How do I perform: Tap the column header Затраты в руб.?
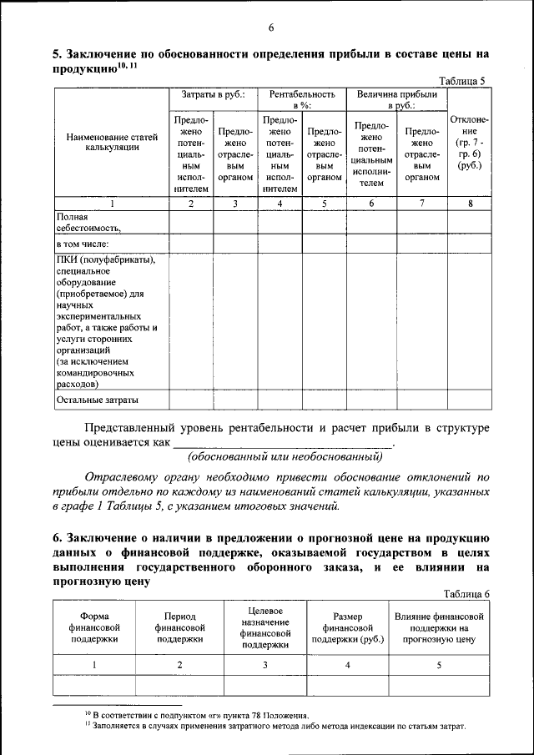[x=213, y=95]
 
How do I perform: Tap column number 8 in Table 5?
[x=470, y=204]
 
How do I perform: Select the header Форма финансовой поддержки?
[x=94, y=627]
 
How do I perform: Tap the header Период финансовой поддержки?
[x=180, y=627]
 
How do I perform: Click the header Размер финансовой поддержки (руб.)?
[x=347, y=627]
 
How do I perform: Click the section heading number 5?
[x=56, y=54]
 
